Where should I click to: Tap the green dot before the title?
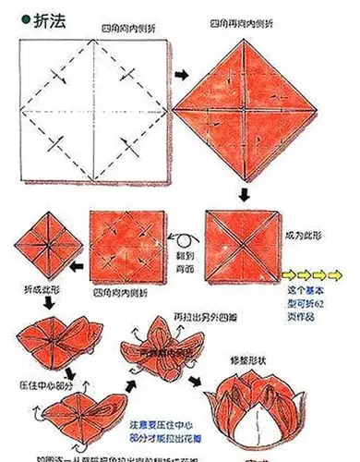pyautogui.click(x=12, y=16)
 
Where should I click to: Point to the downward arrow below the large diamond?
pyautogui.click(x=244, y=195)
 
